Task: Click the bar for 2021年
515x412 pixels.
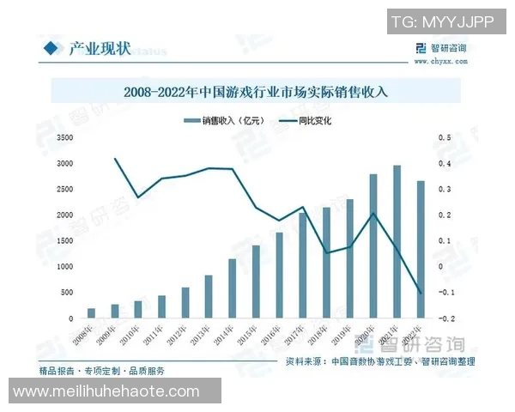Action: coord(397,242)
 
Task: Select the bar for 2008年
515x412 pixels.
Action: coord(92,313)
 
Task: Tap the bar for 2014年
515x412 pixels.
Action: coord(232,288)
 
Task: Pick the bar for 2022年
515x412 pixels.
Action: coord(420,249)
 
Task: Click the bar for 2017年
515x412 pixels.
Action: coord(302,265)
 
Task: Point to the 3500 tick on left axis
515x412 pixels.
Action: coord(64,137)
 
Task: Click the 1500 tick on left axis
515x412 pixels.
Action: coord(64,240)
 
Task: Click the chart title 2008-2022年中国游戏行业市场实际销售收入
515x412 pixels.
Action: coord(256,89)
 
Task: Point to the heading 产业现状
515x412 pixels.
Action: coord(100,48)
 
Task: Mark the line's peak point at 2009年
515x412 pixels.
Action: coord(115,159)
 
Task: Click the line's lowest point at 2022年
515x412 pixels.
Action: coord(420,294)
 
